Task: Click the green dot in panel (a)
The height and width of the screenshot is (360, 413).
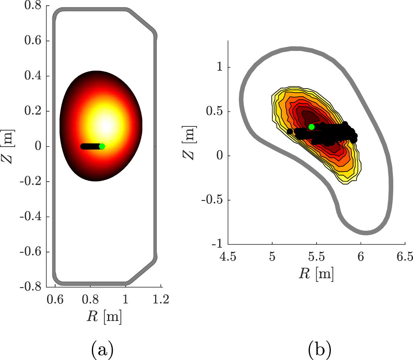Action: click(102, 146)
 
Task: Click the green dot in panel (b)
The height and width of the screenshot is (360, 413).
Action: click(311, 127)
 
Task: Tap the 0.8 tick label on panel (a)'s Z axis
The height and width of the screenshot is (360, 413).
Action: click(41, 6)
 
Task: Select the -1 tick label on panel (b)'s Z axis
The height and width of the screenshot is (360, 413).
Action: click(218, 244)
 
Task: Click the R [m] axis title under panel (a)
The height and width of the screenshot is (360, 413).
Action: click(104, 317)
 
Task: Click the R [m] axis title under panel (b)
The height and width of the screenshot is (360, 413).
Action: click(316, 274)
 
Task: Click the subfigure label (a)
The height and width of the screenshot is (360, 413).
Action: click(100, 348)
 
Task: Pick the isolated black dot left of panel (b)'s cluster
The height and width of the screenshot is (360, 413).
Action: click(290, 131)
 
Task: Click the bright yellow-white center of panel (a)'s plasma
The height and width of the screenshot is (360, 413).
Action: click(106, 125)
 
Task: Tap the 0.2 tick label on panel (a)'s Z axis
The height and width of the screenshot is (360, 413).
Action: click(41, 111)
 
